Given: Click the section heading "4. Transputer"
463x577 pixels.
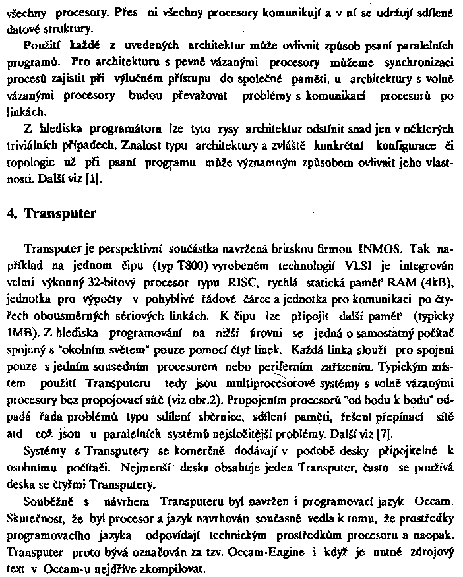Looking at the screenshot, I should pyautogui.click(x=60, y=214).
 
